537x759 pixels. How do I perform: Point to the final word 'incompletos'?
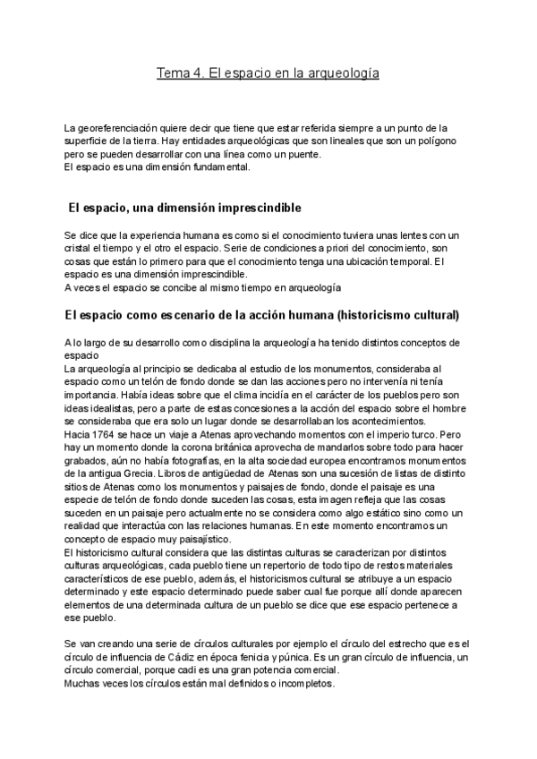click(302, 683)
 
